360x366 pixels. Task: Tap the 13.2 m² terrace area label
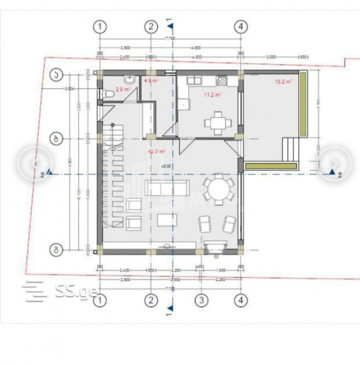coord(283,82)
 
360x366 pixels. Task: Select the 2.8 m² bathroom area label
coord(122,89)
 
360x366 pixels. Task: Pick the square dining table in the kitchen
coord(218,122)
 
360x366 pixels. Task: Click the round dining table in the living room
coord(219,189)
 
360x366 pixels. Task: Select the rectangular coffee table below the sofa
coord(167,220)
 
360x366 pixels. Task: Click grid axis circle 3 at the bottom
coord(201,300)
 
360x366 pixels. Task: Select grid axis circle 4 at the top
coord(241,26)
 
